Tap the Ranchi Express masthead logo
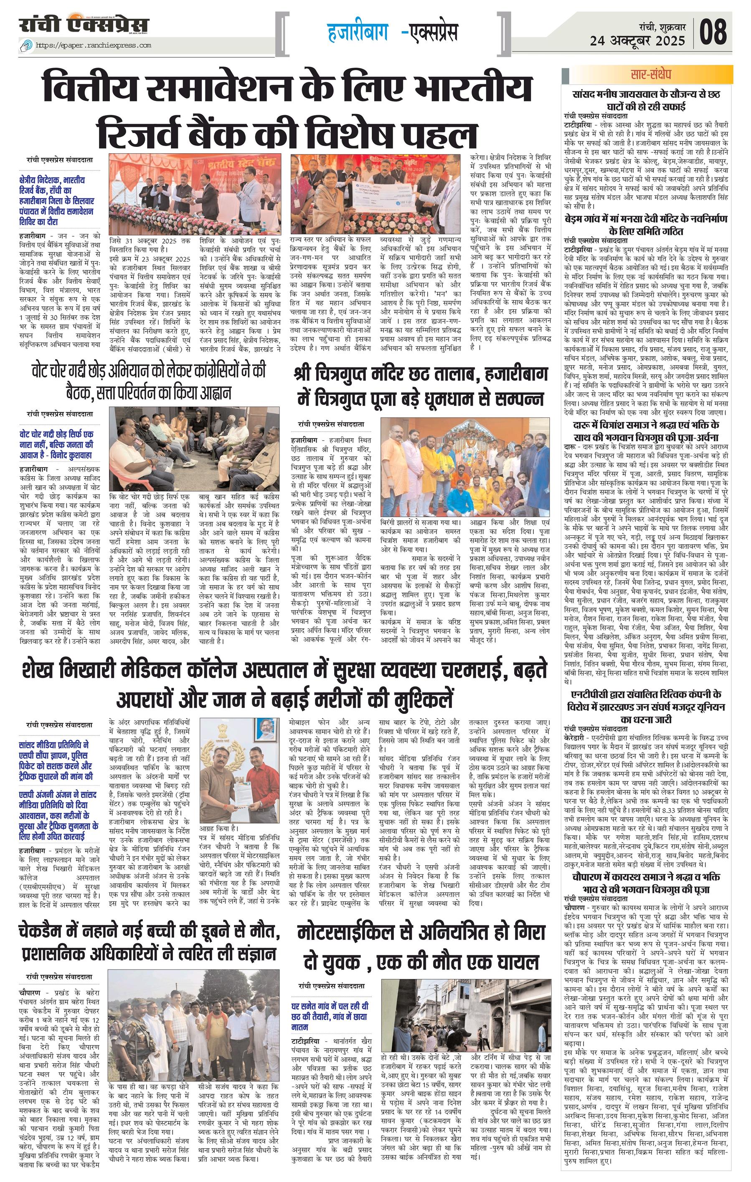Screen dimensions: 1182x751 point(84,25)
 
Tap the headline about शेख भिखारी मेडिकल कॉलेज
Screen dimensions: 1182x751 point(284,683)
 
